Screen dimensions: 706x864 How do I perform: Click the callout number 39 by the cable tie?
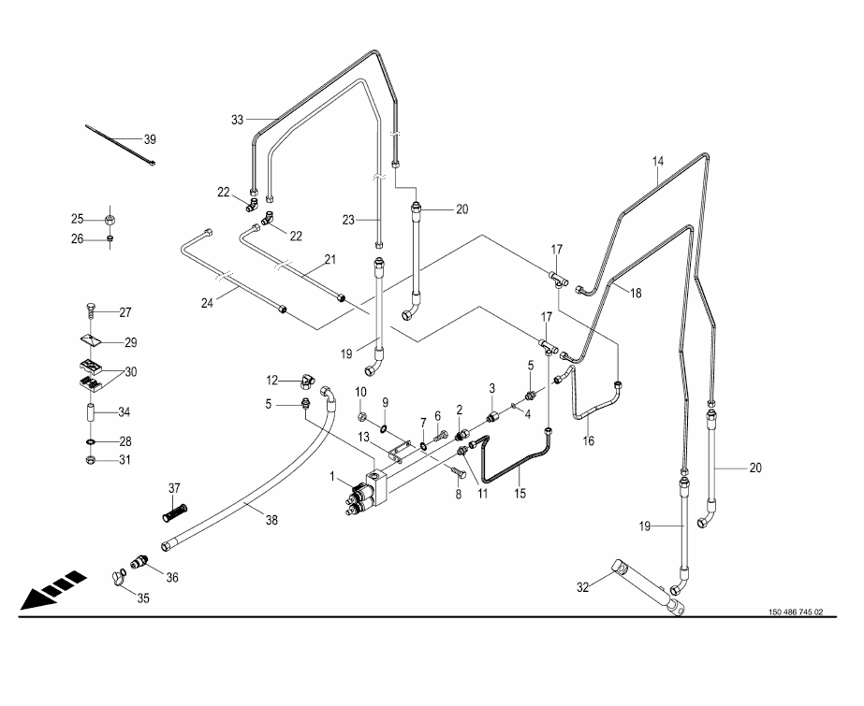click(150, 139)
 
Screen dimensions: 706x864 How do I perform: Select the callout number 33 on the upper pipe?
click(237, 120)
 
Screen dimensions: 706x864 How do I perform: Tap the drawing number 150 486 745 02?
click(795, 612)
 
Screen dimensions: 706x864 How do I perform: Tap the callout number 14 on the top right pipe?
click(658, 162)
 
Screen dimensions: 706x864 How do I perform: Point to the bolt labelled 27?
click(90, 310)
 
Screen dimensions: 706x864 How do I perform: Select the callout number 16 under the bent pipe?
click(589, 439)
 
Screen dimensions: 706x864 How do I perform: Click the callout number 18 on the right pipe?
click(635, 293)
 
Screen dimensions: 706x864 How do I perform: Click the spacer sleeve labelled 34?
click(91, 412)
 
